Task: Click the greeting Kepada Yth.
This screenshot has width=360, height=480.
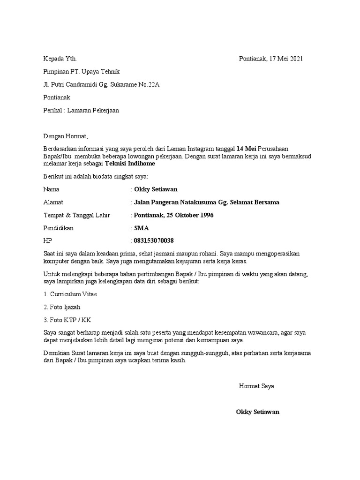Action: (x=60, y=59)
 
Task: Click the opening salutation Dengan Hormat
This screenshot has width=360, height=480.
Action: (x=65, y=137)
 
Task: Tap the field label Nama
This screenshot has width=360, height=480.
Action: (x=51, y=189)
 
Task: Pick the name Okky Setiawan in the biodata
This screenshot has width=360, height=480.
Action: (x=156, y=189)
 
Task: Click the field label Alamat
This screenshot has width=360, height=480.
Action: (x=53, y=202)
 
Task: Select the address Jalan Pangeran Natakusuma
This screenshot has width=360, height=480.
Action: (x=174, y=202)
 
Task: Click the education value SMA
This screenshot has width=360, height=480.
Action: (x=141, y=228)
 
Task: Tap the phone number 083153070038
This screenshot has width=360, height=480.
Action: (x=154, y=241)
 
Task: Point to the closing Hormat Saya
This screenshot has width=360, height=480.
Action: (x=256, y=386)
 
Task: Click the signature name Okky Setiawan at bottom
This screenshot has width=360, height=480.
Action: (x=258, y=412)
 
